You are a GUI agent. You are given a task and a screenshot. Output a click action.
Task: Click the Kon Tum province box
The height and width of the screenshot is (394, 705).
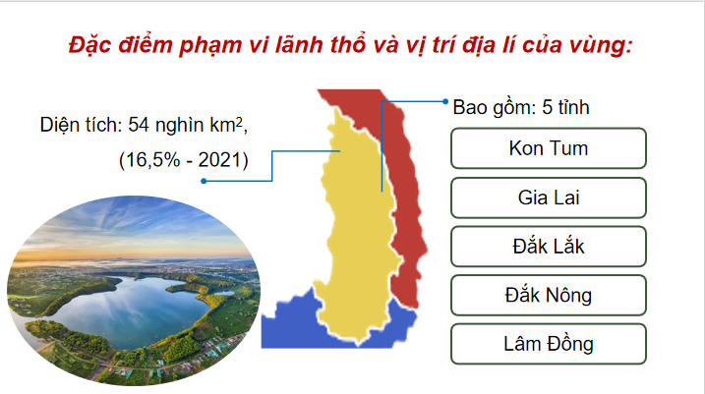point(548,148)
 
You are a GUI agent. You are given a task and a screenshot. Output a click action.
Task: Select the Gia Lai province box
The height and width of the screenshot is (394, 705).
point(548,197)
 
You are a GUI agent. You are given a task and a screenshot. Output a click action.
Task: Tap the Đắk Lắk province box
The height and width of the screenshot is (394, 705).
point(548,246)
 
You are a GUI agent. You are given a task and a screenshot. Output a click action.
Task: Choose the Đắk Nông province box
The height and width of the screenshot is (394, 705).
point(548,294)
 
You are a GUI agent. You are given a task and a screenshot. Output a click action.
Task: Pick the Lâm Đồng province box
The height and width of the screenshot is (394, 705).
point(548,343)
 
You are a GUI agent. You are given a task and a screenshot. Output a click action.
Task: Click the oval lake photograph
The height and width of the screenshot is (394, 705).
point(133,285)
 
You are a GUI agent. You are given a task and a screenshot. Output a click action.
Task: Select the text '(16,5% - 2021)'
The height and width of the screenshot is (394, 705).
point(183,158)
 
